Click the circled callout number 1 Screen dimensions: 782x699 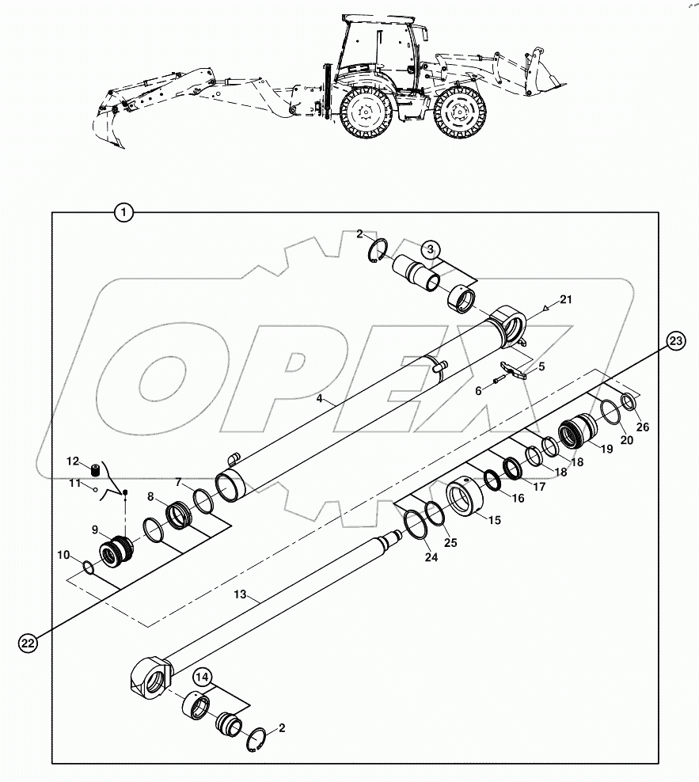(x=123, y=212)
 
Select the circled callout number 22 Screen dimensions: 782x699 (x=28, y=643)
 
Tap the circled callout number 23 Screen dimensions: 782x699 (x=675, y=341)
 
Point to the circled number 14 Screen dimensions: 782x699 (x=201, y=678)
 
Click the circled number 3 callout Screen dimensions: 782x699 (x=429, y=249)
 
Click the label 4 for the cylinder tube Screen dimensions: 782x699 (x=320, y=400)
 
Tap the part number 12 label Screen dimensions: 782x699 (x=73, y=461)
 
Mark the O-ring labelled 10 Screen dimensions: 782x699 (x=92, y=567)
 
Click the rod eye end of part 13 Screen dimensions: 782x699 (x=150, y=679)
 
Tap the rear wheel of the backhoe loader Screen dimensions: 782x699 (x=365, y=112)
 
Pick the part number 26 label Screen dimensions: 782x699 (x=642, y=427)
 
